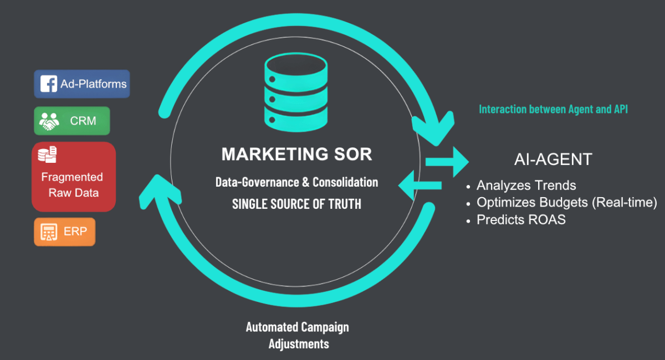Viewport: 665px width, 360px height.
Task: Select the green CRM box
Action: (x=72, y=121)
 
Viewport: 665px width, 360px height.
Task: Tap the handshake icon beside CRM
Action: (x=49, y=121)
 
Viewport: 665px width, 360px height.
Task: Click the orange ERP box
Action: (x=65, y=232)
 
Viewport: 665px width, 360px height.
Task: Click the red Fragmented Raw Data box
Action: (x=74, y=177)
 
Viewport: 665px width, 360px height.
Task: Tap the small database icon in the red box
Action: (x=47, y=155)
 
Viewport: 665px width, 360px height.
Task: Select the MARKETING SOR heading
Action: (x=296, y=154)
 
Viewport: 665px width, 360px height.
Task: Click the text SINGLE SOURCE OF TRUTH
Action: (x=296, y=204)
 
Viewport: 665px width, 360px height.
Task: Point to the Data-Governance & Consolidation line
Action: (x=296, y=182)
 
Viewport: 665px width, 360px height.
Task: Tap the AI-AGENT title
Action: (x=553, y=160)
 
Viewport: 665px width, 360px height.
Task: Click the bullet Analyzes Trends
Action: (x=526, y=186)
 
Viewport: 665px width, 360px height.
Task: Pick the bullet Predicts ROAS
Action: (x=521, y=219)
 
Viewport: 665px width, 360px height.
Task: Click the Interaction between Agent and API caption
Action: (x=553, y=110)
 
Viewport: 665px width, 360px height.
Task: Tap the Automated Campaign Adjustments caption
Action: (x=298, y=335)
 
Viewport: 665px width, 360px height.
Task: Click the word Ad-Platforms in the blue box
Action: (x=94, y=85)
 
